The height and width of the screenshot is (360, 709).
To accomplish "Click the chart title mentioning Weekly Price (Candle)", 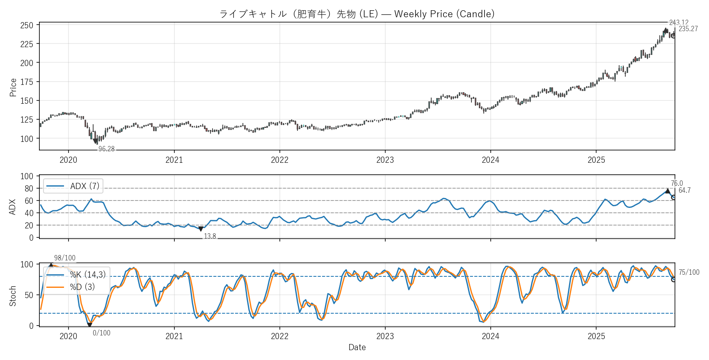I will coord(357,14).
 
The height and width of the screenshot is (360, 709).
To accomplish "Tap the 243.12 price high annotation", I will coord(679,23).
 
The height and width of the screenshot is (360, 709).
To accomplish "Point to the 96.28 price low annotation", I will coord(106,149).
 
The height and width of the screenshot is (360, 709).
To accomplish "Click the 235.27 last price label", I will coord(688,29).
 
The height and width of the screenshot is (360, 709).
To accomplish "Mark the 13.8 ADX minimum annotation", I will coord(210,236).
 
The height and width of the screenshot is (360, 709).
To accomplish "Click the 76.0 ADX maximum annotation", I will coord(677,183).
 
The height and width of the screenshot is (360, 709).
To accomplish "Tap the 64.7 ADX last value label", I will coord(684,190).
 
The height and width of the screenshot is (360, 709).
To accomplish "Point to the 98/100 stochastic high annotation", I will coord(65,258).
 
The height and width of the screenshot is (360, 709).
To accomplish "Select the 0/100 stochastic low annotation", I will coord(101,333).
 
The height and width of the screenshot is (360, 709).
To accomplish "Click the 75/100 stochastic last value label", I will coord(689,272).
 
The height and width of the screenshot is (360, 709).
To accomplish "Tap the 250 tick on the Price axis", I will coord(27,25).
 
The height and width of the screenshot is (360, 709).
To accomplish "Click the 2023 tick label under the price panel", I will coord(385,160).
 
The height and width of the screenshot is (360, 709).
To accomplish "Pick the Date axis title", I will coord(357,347).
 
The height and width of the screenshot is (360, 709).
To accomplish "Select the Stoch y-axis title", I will coord(13,296).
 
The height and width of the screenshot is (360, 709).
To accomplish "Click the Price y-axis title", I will coord(13,87).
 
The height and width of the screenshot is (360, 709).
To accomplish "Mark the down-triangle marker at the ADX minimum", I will coord(201,229).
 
